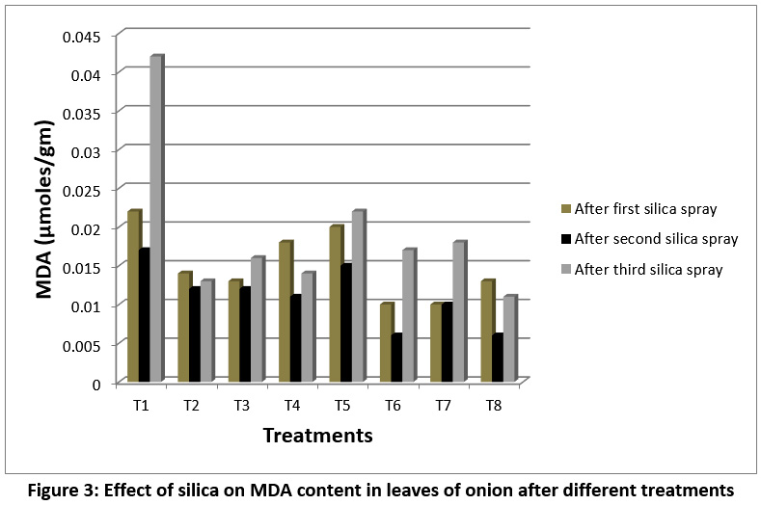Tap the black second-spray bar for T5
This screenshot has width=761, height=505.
click(346, 324)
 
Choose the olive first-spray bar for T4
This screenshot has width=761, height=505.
click(285, 312)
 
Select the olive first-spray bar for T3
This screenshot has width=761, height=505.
click(234, 332)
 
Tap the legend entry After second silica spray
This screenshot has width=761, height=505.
click(656, 238)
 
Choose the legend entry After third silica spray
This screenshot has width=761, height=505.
click(648, 269)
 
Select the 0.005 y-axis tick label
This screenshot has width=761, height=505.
click(86, 344)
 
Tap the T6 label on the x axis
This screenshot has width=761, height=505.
click(394, 403)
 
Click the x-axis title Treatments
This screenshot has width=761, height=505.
click(318, 436)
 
